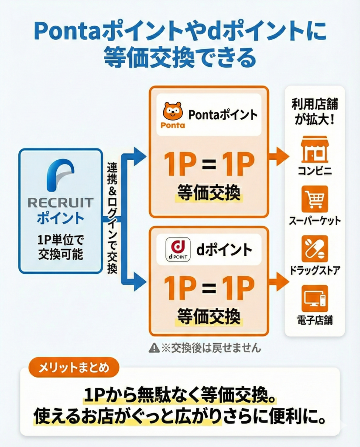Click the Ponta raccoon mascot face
click(x=173, y=111)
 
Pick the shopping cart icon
click(x=315, y=199)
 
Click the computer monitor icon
click(x=315, y=299)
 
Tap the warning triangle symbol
click(x=154, y=347)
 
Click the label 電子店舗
click(x=315, y=320)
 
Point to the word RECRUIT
click(x=60, y=203)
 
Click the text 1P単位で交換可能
click(x=60, y=247)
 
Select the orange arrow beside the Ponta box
click(x=278, y=156)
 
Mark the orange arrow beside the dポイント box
click(x=278, y=282)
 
